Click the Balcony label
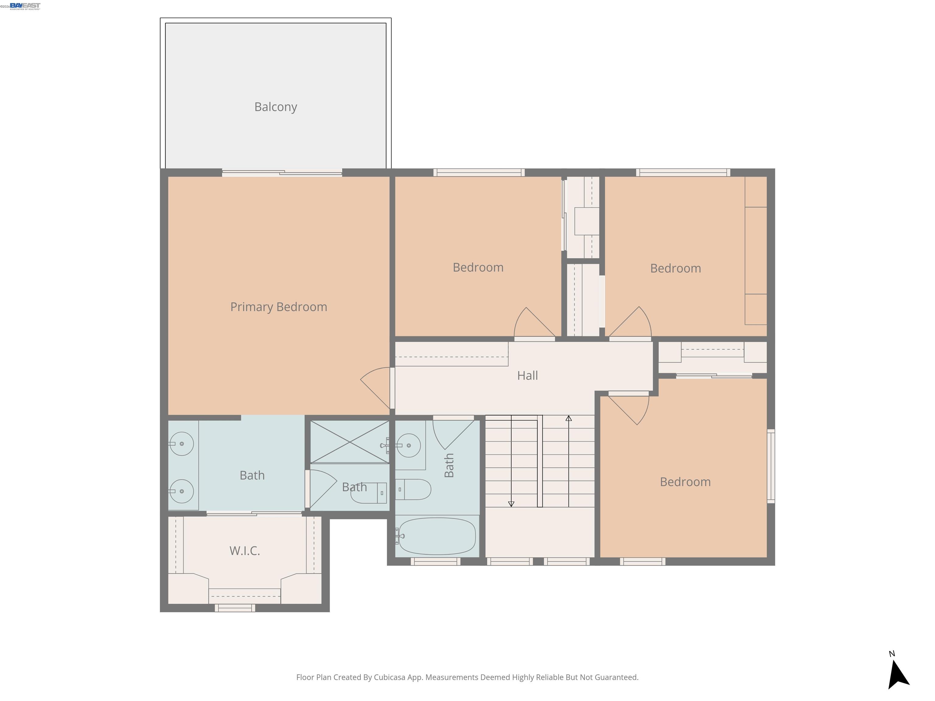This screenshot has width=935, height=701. [275, 107]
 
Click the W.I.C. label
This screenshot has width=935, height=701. [244, 551]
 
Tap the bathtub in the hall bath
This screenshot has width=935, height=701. [437, 536]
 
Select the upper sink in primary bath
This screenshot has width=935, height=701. [182, 444]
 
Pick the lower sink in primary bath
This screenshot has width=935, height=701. [182, 491]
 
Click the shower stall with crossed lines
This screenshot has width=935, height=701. [350, 441]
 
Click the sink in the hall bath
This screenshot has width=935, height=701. [408, 445]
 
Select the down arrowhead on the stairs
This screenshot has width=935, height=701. [511, 504]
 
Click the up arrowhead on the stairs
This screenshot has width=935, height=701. [569, 418]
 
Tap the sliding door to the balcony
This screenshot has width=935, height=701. [282, 173]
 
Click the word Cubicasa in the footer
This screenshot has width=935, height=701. [389, 677]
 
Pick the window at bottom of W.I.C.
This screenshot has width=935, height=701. [235, 608]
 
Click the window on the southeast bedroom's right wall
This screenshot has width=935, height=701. [771, 466]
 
